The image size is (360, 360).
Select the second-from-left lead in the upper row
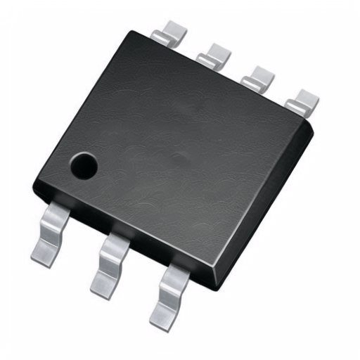[x=214, y=56]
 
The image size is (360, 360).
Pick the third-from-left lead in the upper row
[x=257, y=77]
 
